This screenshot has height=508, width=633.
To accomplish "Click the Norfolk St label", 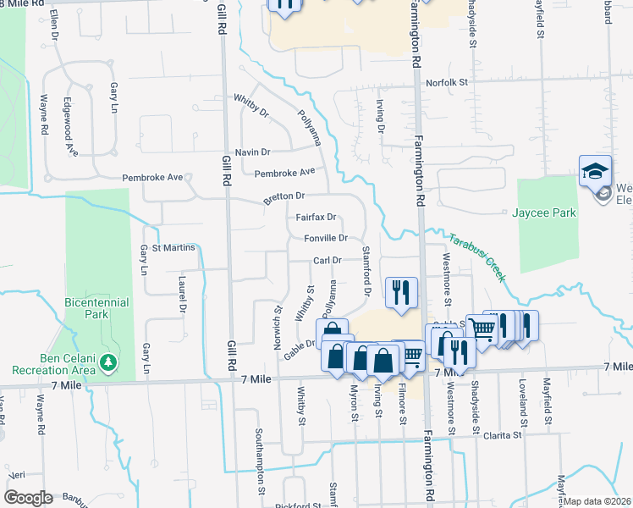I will (x=447, y=82).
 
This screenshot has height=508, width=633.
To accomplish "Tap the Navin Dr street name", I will (x=252, y=152).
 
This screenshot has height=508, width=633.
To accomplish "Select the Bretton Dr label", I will (x=283, y=196).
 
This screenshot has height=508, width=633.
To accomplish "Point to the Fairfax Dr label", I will (x=316, y=217).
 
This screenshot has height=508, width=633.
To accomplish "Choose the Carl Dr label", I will (x=327, y=261).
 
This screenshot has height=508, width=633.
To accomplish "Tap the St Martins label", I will (x=173, y=247).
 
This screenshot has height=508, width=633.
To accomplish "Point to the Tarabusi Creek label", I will (x=477, y=257).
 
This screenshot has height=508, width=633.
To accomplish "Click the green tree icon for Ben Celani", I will (x=108, y=362).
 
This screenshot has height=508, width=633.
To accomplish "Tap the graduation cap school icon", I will (x=595, y=169).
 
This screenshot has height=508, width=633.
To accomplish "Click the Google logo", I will (x=28, y=497).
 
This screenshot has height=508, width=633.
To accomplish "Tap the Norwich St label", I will (x=277, y=321).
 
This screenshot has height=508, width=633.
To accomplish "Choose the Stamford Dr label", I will (x=367, y=271).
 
